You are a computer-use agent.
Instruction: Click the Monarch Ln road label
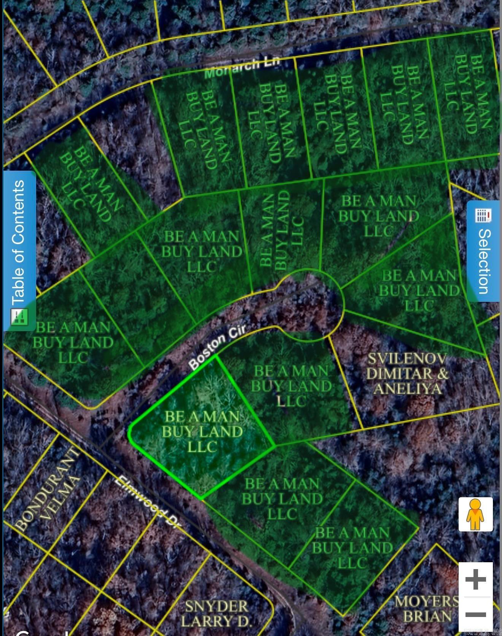(242, 68)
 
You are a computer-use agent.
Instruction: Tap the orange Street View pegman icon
(475, 514)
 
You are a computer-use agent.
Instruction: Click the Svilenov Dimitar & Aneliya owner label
(407, 373)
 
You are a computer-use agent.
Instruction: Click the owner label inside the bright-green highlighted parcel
(202, 431)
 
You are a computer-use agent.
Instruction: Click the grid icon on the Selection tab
(483, 215)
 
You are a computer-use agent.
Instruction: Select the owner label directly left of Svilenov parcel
(291, 386)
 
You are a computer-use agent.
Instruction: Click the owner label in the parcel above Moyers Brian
(352, 547)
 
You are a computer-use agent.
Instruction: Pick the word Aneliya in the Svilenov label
(408, 389)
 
